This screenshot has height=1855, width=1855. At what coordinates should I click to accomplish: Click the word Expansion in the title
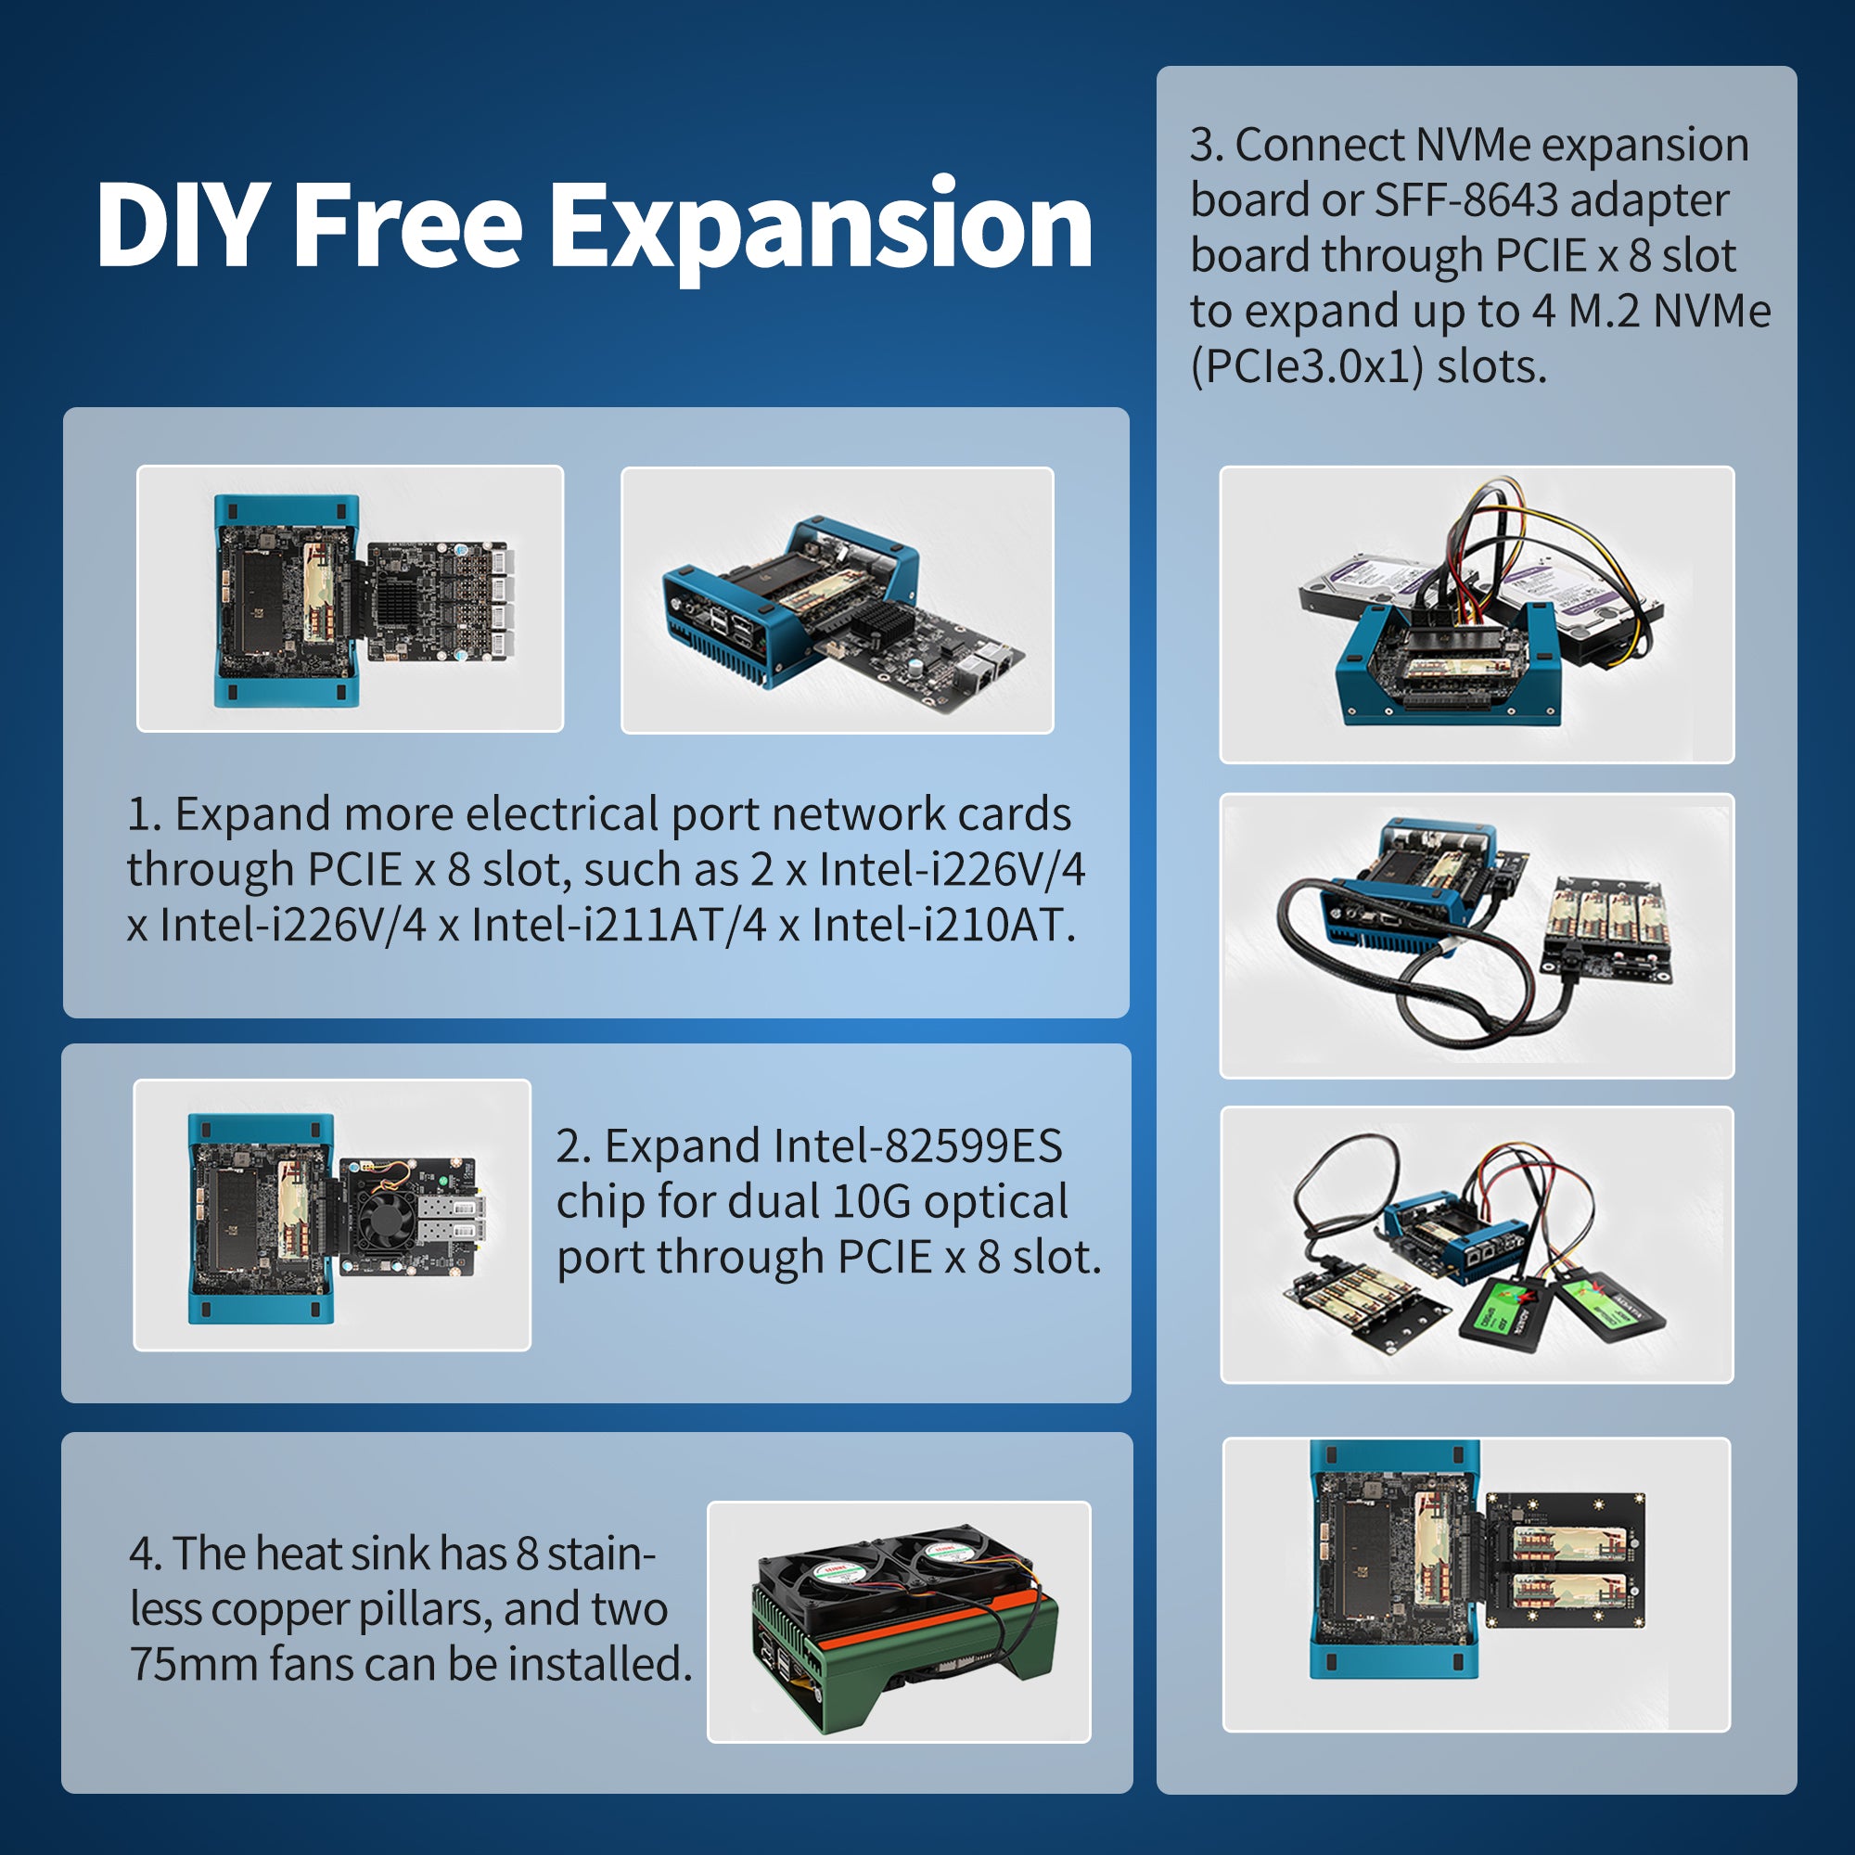tap(820, 226)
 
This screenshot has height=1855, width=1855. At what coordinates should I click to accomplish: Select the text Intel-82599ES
tap(917, 1145)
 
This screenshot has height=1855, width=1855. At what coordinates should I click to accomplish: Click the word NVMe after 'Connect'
tap(1472, 145)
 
